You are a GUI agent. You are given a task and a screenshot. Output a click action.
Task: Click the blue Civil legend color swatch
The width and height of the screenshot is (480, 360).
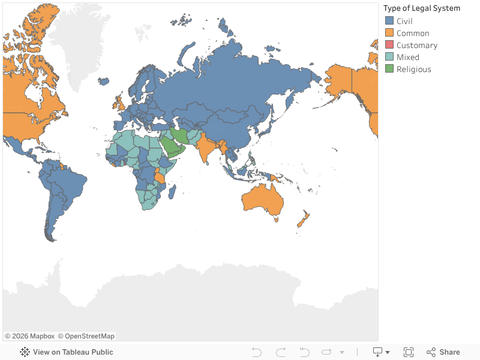coord(389,21)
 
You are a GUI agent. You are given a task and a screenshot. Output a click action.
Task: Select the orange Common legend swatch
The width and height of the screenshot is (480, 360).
coord(389,33)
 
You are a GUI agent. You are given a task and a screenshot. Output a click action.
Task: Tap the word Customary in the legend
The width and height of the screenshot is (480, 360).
coord(417,45)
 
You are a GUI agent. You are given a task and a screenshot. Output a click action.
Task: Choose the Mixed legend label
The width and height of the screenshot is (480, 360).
coord(408,57)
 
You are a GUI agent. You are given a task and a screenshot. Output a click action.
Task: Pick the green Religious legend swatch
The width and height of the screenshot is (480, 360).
coord(389,69)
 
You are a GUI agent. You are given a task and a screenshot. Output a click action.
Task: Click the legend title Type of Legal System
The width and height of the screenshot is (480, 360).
coord(422,8)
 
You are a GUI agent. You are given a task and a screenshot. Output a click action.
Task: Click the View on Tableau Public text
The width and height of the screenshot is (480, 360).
coord(73,352)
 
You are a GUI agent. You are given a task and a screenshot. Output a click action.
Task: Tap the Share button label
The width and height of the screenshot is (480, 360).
coord(449,352)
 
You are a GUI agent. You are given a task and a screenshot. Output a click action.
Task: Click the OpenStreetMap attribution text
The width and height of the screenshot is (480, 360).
coord(89,336)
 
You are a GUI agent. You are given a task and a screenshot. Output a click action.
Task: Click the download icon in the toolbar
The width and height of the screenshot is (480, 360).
coord(378,352)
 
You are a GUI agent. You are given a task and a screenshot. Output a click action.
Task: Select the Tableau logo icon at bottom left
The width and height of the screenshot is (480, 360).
coord(25,352)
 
